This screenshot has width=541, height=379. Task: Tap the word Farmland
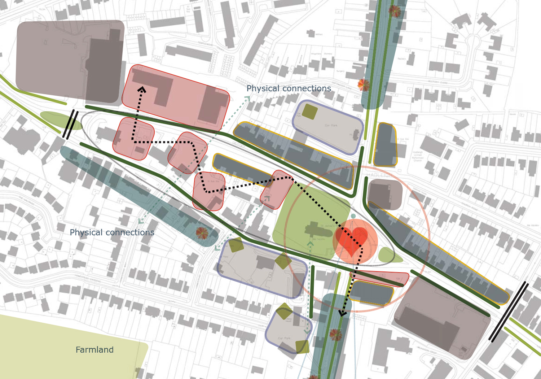[94, 350]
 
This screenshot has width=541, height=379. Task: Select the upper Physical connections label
[289, 88]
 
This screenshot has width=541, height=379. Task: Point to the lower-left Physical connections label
[112, 232]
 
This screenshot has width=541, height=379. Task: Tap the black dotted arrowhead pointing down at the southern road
[343, 313]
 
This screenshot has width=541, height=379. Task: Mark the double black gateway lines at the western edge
[70, 124]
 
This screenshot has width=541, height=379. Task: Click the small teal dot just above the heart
[353, 216]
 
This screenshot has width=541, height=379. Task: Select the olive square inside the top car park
[309, 112]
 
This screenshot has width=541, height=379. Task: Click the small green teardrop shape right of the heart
[389, 256]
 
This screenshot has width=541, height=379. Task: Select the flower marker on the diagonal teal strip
[202, 233]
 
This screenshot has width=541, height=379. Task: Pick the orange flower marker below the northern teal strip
[364, 85]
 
